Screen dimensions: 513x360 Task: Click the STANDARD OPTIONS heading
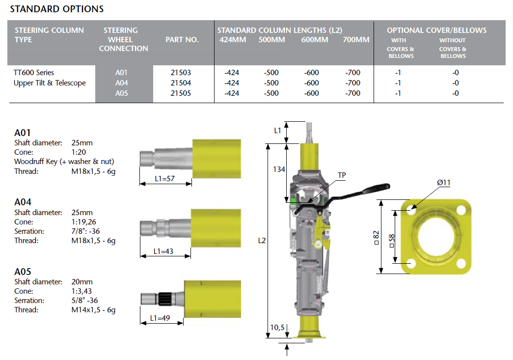click(x=56, y=9)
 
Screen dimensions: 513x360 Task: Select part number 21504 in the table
click(x=181, y=83)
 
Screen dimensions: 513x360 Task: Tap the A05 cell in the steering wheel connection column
click(x=121, y=93)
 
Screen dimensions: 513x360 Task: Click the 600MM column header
click(x=314, y=40)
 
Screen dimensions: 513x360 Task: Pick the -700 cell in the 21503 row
click(x=352, y=72)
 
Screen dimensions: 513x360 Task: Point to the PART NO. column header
click(x=182, y=40)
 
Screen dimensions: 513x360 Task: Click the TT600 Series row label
click(x=34, y=72)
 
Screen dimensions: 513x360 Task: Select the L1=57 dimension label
click(x=164, y=179)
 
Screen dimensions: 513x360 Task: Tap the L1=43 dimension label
click(x=163, y=251)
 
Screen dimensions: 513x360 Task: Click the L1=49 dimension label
click(x=160, y=318)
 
